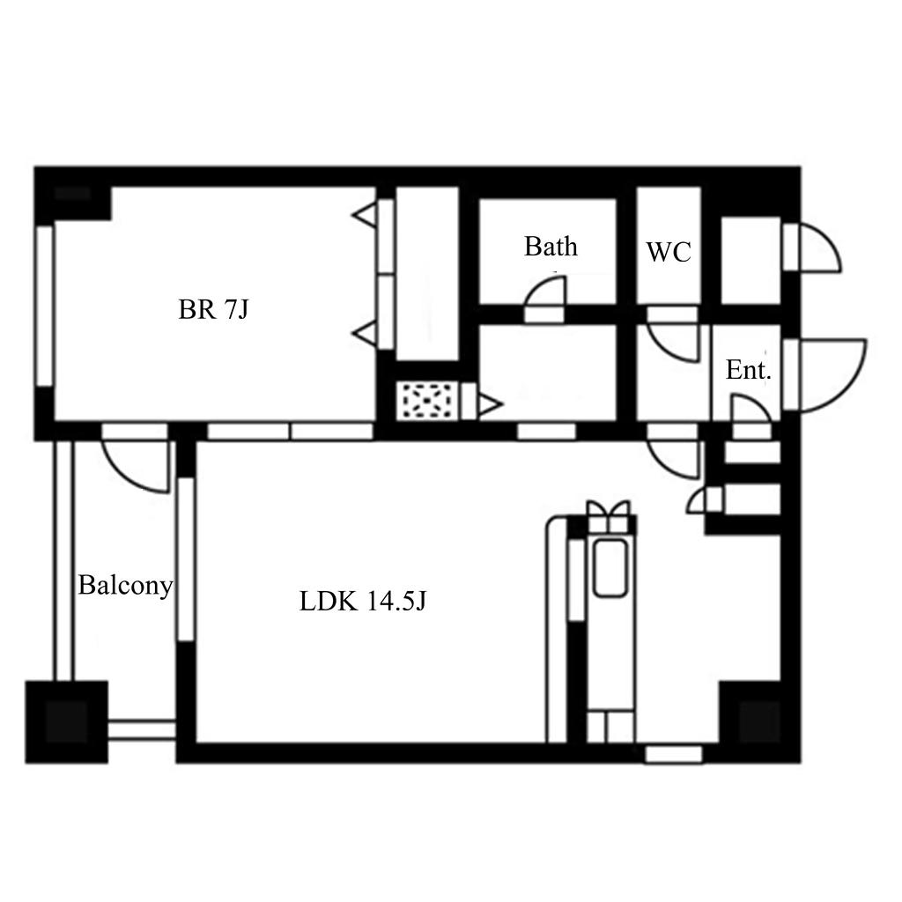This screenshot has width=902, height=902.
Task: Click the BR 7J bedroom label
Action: click(213, 309)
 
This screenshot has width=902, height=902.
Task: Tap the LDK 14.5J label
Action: click(362, 601)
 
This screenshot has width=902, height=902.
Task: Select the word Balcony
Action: click(125, 586)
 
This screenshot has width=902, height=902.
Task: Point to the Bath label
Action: click(551, 247)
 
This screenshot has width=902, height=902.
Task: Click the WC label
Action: click(669, 252)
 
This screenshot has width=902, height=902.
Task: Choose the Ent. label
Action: click(748, 370)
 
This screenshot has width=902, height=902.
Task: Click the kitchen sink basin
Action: click(610, 567)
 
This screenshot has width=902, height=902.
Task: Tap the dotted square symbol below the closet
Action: click(427, 401)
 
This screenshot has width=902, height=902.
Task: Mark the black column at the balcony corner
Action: click(67, 722)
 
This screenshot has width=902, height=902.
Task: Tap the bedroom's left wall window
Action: click(45, 306)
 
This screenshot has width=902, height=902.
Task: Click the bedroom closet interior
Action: click(427, 274)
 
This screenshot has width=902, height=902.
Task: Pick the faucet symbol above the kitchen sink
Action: click(609, 516)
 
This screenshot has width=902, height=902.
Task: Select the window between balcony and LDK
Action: click(186, 558)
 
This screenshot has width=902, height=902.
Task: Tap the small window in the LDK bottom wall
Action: click(674, 754)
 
